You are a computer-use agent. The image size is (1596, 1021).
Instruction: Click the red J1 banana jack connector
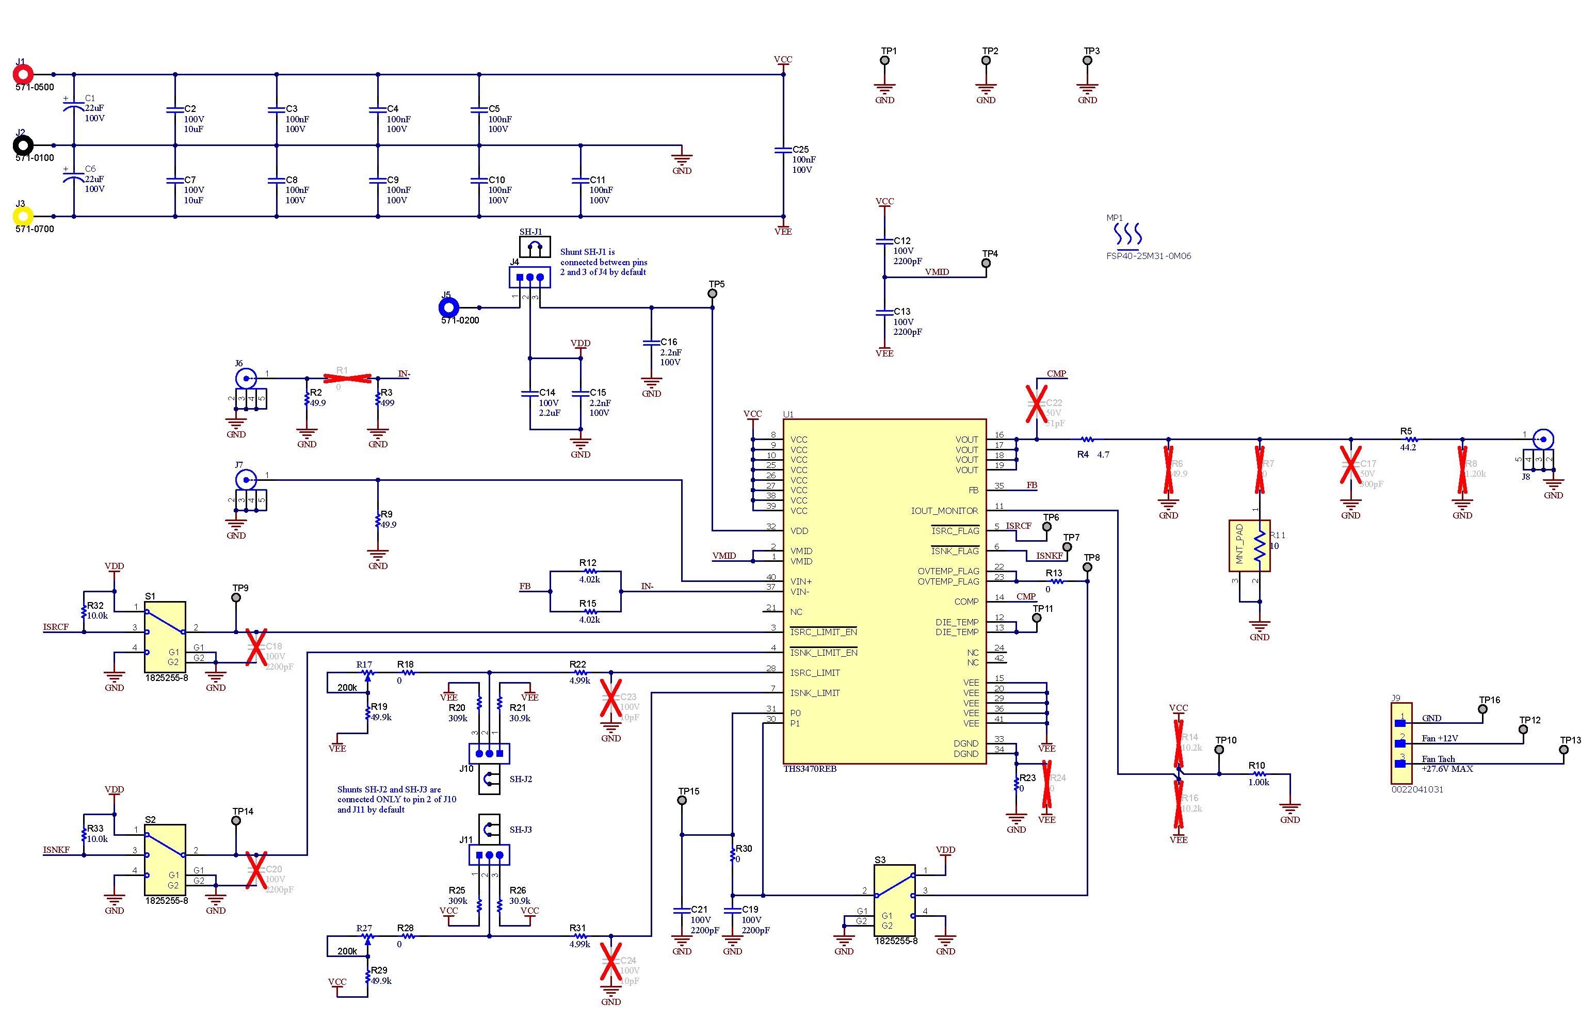coord(23,74)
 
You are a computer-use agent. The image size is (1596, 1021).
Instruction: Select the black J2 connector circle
coord(23,145)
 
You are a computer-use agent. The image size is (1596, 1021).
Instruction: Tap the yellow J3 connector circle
coord(23,216)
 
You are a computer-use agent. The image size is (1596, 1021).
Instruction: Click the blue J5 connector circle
coord(449,307)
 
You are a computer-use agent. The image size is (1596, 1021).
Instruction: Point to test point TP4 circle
coord(986,263)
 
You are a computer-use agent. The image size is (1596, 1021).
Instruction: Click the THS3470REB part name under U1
coord(810,769)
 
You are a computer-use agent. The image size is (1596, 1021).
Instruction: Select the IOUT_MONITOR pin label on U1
coord(944,511)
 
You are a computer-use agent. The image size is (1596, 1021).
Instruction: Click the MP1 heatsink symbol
coord(1128,235)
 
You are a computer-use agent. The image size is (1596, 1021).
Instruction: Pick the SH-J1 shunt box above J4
coord(535,247)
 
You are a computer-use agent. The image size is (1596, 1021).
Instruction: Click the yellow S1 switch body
coord(165,637)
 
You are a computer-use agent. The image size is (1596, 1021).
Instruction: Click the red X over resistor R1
coord(347,379)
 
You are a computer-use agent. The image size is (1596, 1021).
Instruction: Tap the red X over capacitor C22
coord(1036,403)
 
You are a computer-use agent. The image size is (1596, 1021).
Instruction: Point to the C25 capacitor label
coord(800,150)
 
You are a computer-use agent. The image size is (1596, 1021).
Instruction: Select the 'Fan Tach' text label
coord(1438,759)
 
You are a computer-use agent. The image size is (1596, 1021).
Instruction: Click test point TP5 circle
coord(712,294)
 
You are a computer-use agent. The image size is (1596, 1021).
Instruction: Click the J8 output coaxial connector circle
coord(1543,439)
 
